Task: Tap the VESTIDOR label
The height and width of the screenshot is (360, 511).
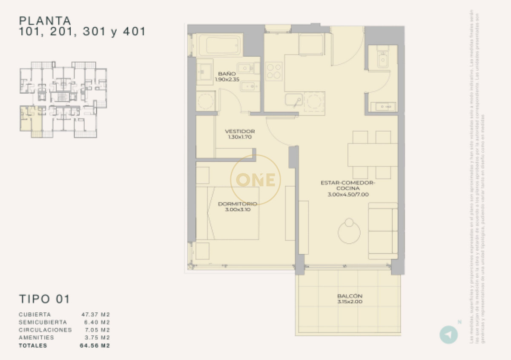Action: tap(240, 131)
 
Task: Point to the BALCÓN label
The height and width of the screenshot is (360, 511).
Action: tap(350, 296)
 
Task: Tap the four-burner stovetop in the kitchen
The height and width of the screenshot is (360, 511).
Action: tap(274, 71)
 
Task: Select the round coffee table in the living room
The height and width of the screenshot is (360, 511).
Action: tap(349, 232)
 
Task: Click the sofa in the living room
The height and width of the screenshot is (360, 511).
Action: tap(383, 230)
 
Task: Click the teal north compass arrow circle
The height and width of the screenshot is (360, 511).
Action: tap(448, 335)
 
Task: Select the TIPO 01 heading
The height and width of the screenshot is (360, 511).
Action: tap(44, 299)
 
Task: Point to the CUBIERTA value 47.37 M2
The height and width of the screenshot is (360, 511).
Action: tap(95, 314)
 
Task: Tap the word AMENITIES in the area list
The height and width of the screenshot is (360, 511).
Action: tap(36, 337)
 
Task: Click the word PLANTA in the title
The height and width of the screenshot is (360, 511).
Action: tap(45, 20)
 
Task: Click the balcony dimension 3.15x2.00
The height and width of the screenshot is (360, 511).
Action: tap(350, 302)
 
